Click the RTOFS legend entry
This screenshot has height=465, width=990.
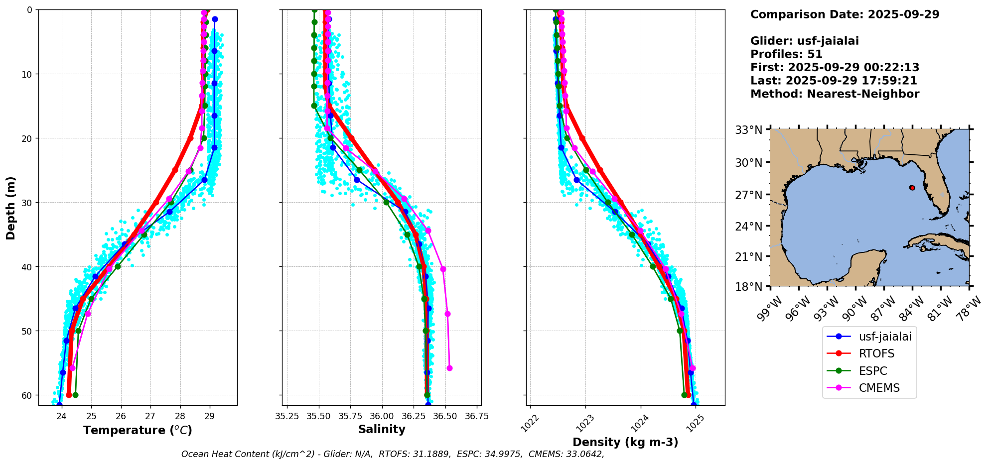876,353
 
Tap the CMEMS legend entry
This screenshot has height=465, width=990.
879,388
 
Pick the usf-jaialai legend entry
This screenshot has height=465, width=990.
885,337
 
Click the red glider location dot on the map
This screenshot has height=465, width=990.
912,188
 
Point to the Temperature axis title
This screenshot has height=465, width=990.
138,430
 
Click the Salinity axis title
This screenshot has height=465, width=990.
382,429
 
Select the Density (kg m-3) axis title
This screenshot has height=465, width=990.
625,442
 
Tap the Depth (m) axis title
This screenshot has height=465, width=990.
10,208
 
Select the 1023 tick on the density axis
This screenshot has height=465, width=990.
584,421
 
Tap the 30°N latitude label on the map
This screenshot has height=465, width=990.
748,163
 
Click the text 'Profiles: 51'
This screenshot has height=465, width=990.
786,54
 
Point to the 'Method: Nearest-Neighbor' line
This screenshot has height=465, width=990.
835,94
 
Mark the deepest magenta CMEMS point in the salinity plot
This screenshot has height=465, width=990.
449,368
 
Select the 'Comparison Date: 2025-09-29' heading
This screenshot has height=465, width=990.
845,14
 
